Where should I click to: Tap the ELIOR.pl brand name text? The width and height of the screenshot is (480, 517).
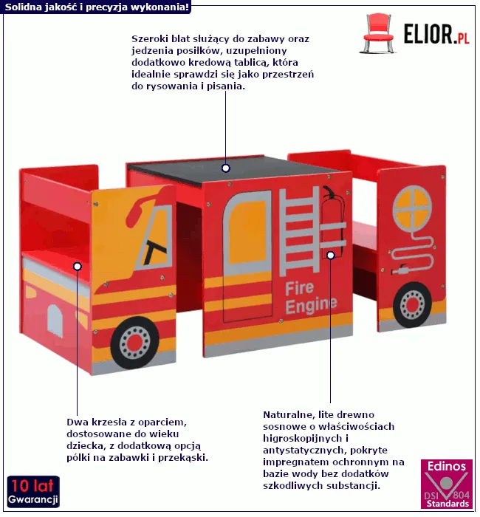coord(436,34)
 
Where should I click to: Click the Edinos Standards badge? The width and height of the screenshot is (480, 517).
coord(445,485)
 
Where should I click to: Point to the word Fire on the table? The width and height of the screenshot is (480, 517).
coord(301,288)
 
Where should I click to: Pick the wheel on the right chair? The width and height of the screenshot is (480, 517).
coord(412,305)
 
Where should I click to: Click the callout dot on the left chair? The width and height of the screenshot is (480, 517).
coord(77,265)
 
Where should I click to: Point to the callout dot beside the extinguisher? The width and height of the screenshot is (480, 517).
coord(331,256)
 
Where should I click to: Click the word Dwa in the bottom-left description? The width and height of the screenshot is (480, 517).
coord(77,422)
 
